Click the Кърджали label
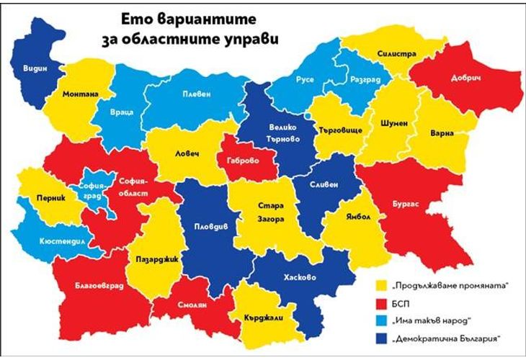coord(260,317)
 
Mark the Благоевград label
coord(99,286)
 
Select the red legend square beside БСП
coord(381,302)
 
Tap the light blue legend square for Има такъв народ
coord(381,320)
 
